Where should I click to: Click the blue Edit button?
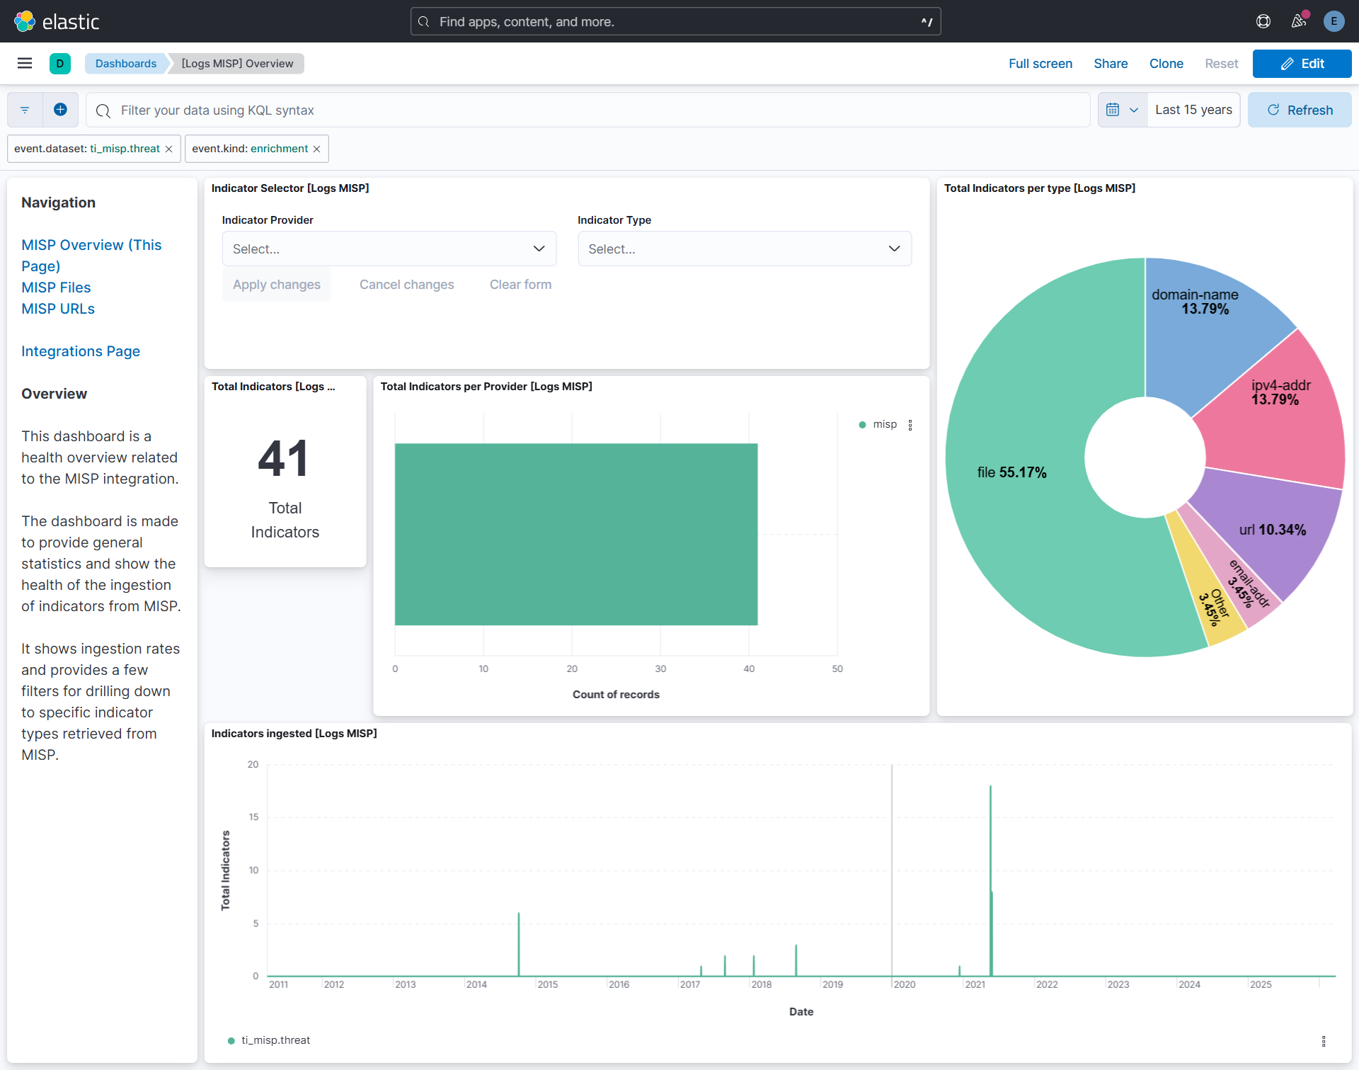[1302, 64]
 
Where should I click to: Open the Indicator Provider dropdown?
[389, 249]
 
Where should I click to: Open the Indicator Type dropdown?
[744, 249]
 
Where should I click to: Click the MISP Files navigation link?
[56, 288]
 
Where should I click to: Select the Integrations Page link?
[81, 351]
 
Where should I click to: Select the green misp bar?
[575, 534]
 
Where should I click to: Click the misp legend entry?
[884, 424]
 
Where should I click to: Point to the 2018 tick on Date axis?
[761, 984]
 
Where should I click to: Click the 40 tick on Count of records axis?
[749, 668]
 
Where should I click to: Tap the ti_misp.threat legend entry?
[275, 1040]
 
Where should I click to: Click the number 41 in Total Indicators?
[284, 459]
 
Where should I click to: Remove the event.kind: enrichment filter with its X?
[317, 149]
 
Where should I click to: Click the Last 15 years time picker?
[1193, 110]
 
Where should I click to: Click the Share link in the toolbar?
[1111, 64]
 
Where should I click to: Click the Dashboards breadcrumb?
[126, 64]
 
